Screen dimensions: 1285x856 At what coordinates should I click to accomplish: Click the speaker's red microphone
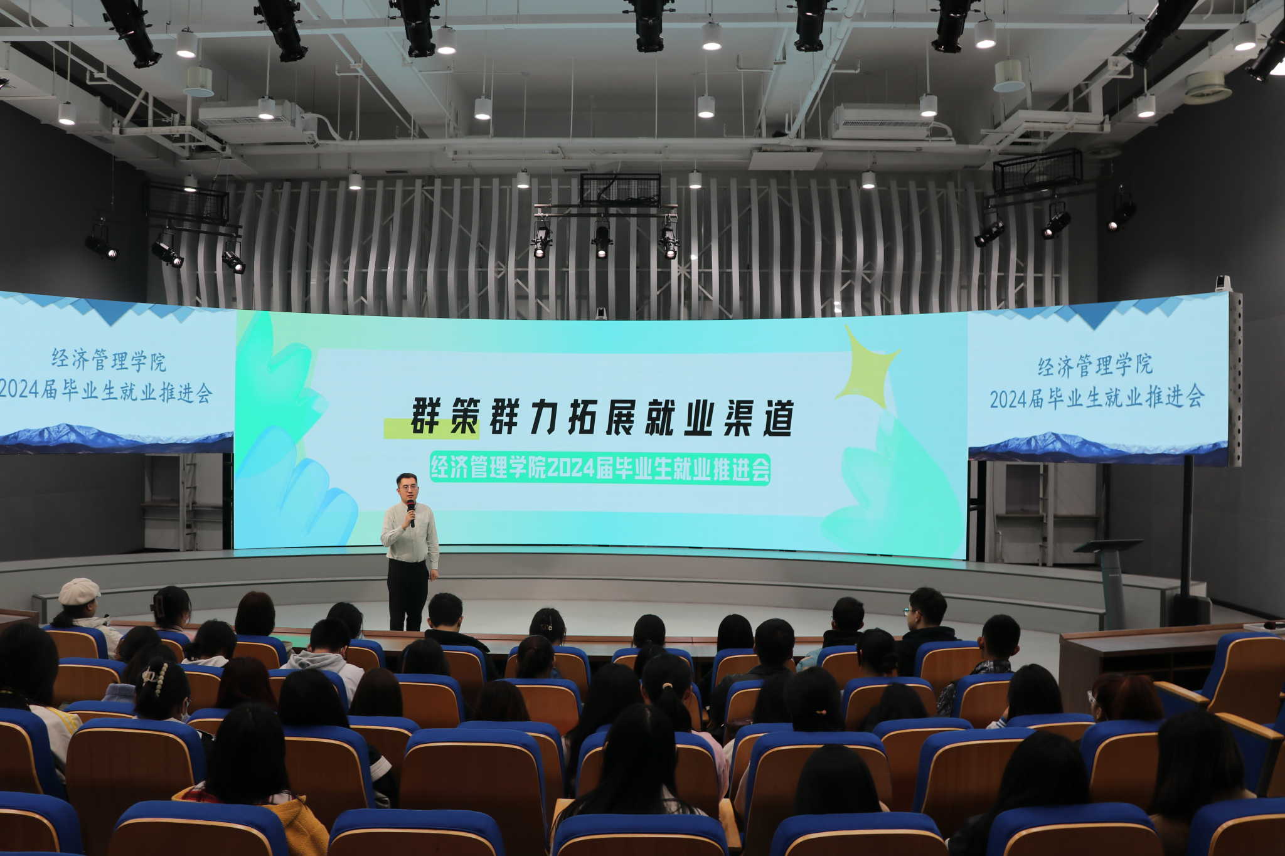(x=411, y=511)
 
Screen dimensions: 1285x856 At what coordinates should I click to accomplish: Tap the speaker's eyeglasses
(x=408, y=487)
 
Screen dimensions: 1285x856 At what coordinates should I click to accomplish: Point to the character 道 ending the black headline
(x=778, y=418)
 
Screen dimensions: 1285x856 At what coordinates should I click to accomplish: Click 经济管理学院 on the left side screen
(x=109, y=360)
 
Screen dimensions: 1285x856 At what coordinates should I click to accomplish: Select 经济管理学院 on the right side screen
(x=1095, y=365)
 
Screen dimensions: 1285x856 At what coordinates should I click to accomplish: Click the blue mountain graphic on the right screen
(x=1098, y=447)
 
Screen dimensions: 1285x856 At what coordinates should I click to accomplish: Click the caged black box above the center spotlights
(x=620, y=190)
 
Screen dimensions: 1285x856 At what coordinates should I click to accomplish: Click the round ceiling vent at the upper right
(x=1208, y=87)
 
